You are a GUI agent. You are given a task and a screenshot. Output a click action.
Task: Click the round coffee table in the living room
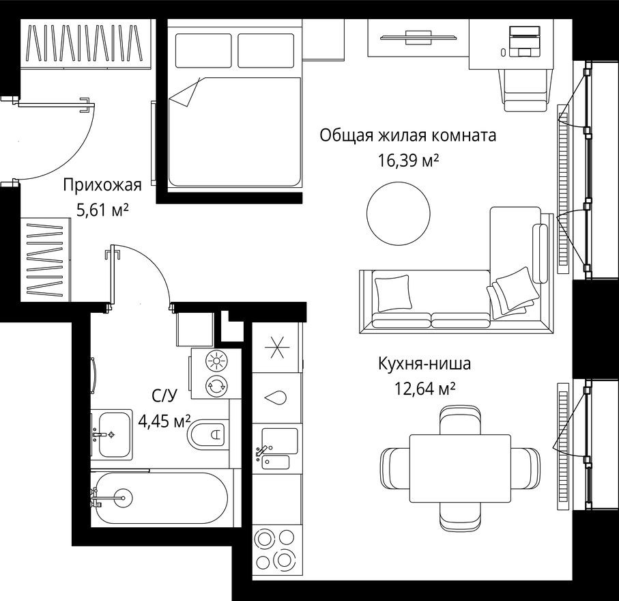click(x=398, y=214)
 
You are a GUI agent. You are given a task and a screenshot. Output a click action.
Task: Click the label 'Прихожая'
click(x=102, y=184)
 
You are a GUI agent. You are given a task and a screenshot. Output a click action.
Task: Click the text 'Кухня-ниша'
click(x=424, y=364)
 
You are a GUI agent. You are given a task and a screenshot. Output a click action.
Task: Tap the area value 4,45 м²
click(x=164, y=420)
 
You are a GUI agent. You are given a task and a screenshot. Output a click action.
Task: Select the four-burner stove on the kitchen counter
click(x=276, y=550)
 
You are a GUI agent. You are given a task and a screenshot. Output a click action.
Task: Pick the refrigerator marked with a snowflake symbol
click(x=276, y=348)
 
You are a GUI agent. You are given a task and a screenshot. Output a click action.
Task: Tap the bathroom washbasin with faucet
click(x=111, y=434)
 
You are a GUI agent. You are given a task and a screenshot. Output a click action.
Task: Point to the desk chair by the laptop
click(x=526, y=89)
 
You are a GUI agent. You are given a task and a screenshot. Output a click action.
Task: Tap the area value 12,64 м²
click(x=424, y=389)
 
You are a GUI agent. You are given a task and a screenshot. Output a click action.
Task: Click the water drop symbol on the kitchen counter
click(x=276, y=397)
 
